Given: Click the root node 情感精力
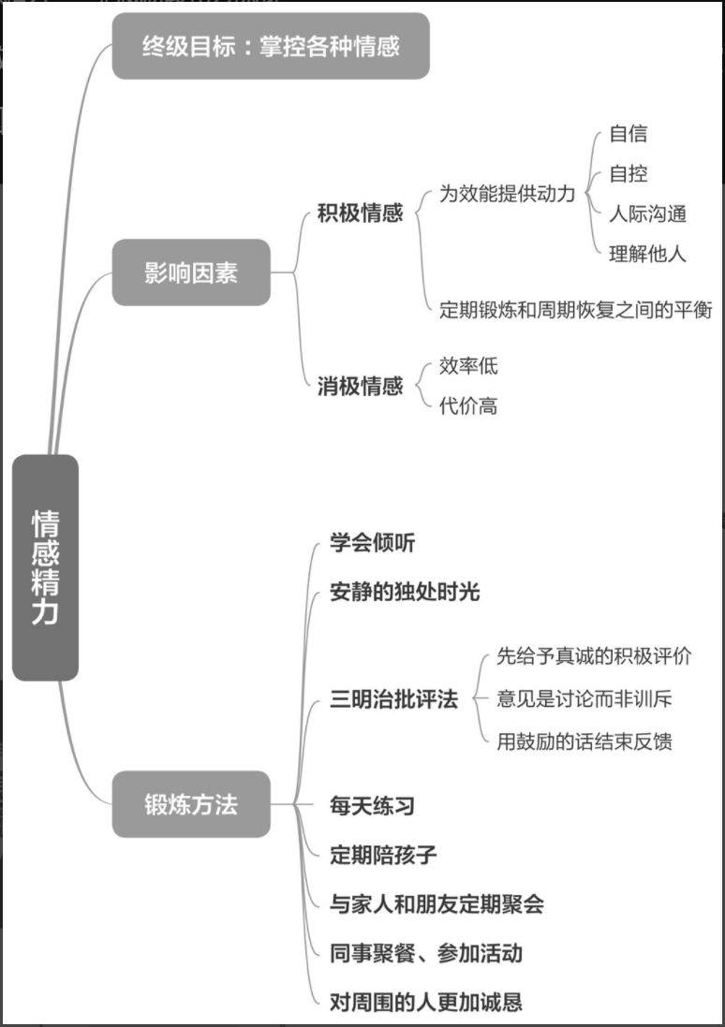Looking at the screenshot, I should [45, 567].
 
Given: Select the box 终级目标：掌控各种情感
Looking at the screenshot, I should [271, 46].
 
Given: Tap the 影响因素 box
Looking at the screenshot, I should [191, 272].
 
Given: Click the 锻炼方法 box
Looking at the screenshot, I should [191, 804].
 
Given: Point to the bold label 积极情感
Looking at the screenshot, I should [361, 213].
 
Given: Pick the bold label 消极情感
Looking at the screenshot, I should [361, 385].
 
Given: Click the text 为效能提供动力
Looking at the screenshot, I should [508, 195].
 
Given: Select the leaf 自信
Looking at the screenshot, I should [628, 134].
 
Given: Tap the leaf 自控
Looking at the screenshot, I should [628, 174].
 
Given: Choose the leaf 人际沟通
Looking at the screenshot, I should [647, 213].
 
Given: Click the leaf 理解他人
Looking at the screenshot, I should [647, 253].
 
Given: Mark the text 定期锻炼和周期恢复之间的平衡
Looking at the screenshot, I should [576, 310].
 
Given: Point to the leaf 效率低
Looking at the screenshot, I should [468, 365].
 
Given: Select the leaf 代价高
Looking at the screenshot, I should [468, 405].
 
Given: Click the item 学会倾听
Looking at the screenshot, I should [373, 543].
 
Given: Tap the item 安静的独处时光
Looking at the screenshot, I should [405, 592].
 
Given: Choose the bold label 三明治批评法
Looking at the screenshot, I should [394, 699].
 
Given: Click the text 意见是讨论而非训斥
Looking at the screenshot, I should [584, 698].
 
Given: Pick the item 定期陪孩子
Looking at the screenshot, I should [383, 854].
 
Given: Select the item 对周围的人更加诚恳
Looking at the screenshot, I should [426, 1003].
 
